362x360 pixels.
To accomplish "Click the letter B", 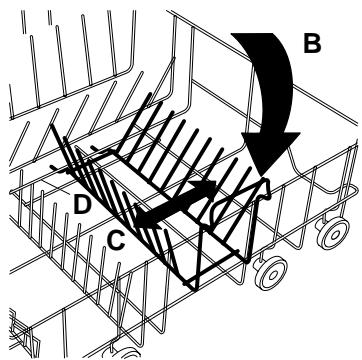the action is pos(312,43).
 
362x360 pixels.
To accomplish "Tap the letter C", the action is pos(116,240).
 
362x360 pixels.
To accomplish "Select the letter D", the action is pos(82,204).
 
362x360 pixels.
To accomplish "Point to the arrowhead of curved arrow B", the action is pos(270,153).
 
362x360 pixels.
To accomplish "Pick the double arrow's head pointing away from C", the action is pos(206,188).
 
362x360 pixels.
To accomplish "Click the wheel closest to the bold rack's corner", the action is pos(271,272).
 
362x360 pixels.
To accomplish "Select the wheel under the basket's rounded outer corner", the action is pos(333,232).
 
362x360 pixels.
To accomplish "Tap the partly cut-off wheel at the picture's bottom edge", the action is pos(125,353).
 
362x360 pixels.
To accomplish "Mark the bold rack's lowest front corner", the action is pos(193,287).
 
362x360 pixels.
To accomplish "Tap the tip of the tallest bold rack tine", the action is pos(151,94).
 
